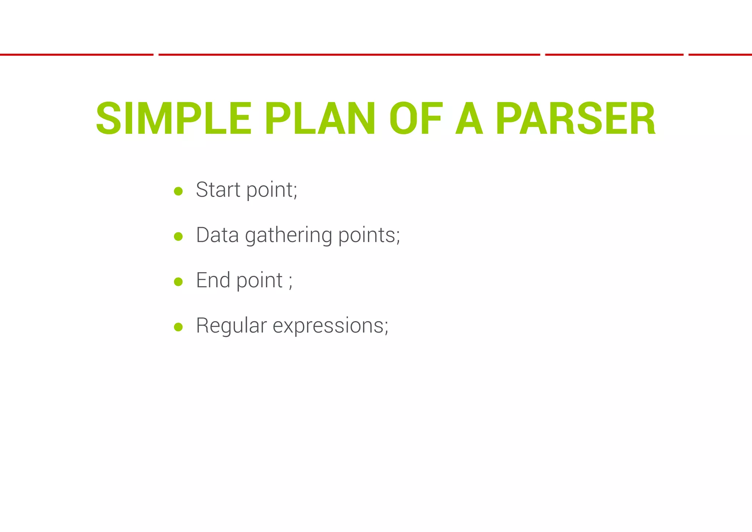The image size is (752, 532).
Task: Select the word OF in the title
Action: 416,119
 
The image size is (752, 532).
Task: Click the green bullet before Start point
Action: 178,191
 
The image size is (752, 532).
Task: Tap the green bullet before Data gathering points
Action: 178,236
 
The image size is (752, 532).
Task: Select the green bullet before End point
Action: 178,282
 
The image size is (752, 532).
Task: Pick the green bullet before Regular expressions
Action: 178,327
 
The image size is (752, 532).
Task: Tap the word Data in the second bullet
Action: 217,235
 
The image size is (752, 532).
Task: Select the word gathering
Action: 288,236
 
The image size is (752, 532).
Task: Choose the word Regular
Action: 231,326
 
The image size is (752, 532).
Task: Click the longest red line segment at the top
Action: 349,55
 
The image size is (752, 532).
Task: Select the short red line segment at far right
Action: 720,55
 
